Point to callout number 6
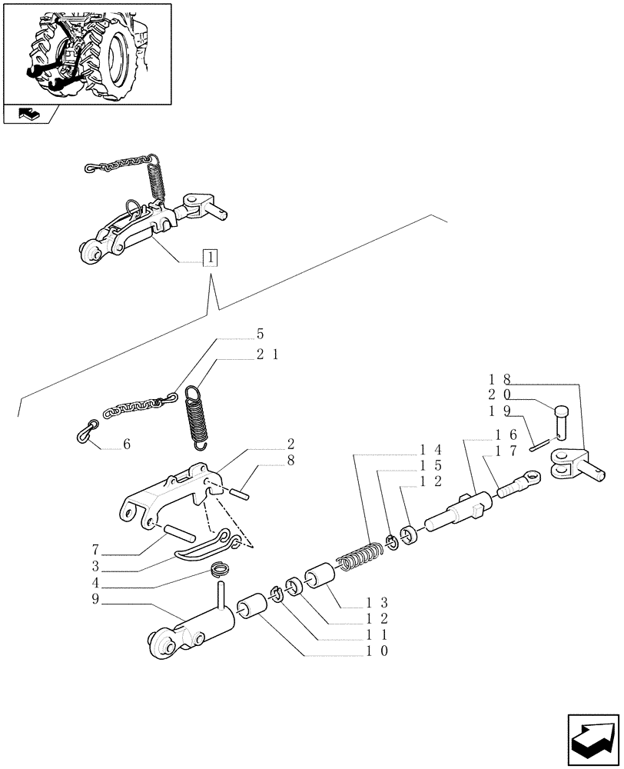(x=127, y=444)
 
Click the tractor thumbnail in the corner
(x=87, y=53)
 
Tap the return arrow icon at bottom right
(x=592, y=737)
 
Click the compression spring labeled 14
(x=359, y=557)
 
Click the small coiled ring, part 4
(x=221, y=571)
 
